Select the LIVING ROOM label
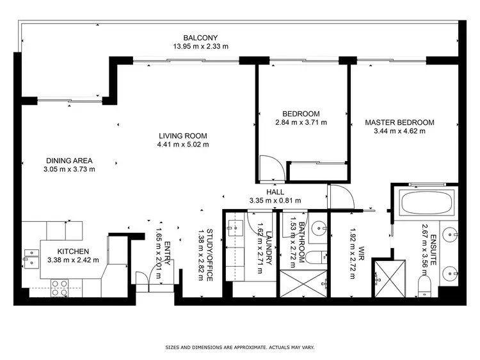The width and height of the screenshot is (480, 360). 183,136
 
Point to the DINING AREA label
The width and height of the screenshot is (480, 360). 70,160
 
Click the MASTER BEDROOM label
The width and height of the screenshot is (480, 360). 399,122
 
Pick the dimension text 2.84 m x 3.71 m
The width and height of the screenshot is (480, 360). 301,122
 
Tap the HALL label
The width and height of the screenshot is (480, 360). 275,192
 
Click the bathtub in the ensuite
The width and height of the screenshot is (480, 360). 426,203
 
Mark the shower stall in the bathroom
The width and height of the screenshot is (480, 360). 305,281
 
